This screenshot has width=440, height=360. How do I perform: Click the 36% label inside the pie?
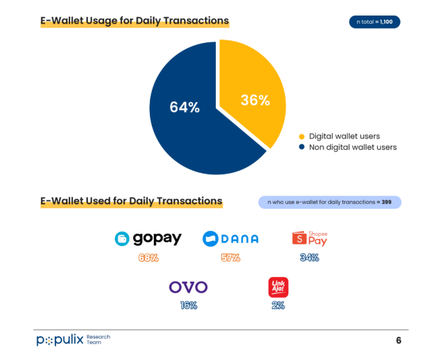[x=255, y=100]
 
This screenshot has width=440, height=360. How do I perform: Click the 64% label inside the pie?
[x=184, y=107]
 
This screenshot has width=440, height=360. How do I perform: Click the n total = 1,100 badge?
[x=375, y=22]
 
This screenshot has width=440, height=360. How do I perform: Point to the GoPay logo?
[x=148, y=238]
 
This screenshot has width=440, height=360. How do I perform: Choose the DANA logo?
[x=230, y=238]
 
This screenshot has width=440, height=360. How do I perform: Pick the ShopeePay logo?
[x=310, y=238]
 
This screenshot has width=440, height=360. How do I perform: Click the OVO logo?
[x=188, y=288]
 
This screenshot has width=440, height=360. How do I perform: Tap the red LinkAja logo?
[x=278, y=287]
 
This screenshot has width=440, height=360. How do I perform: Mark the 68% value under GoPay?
[x=148, y=258]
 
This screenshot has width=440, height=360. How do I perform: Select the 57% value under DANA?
[x=230, y=258]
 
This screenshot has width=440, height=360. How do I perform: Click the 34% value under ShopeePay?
[x=310, y=257]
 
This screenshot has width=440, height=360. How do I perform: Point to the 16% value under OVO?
[x=188, y=305]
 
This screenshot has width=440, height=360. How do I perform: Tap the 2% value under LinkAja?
[x=278, y=305]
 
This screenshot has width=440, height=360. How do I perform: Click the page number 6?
[x=398, y=340]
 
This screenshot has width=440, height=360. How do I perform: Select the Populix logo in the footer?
[x=61, y=339]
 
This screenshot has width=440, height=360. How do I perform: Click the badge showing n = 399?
[x=329, y=202]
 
